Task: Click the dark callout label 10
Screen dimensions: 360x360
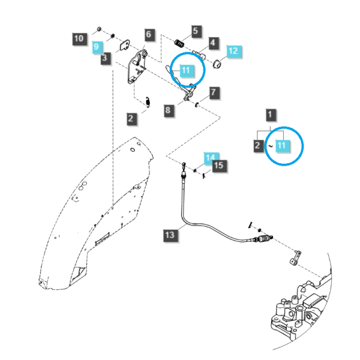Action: pos(80,39)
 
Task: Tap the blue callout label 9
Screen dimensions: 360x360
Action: pos(97,47)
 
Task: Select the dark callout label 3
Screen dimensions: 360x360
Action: pos(105,58)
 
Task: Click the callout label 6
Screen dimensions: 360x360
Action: pos(149,35)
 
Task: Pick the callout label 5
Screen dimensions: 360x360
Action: pos(196,31)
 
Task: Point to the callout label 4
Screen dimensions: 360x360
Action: pos(214,43)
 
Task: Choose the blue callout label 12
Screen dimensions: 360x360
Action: pos(234,52)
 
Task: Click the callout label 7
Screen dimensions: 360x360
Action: pos(214,92)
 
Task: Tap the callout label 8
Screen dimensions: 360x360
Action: pos(169,110)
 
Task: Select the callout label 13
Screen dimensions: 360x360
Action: pos(170,235)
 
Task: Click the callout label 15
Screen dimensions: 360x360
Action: pos(220,166)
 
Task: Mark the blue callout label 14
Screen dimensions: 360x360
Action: pos(211,157)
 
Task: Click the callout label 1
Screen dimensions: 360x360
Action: pos(271,115)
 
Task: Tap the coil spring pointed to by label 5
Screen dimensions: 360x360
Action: pos(179,43)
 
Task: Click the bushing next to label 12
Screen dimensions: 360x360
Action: pos(217,64)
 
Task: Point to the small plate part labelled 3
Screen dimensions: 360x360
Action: pos(125,46)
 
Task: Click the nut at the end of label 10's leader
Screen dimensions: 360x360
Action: pos(99,29)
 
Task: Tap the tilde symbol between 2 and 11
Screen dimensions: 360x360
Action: pos(271,146)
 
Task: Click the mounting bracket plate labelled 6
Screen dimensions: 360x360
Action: pos(136,68)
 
